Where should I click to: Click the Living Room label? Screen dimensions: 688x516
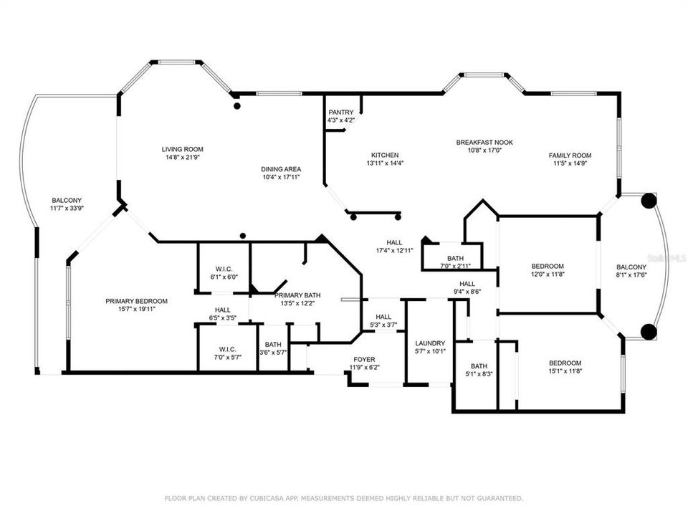coord(183,149)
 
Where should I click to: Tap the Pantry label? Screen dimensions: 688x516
coord(341,113)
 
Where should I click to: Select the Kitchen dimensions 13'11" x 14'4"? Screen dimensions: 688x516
coord(385,163)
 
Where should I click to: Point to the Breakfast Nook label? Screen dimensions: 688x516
coord(484,142)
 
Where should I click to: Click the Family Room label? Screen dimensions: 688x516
coord(570,156)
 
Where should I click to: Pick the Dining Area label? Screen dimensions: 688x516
coord(281,169)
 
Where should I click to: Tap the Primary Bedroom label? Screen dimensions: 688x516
coord(136,301)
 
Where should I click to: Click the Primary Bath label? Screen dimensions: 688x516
coord(297,295)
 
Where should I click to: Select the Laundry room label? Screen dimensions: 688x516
coord(430,343)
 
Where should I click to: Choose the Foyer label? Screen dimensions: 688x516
coord(364,359)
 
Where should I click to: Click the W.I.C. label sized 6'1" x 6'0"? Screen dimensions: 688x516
coord(224,269)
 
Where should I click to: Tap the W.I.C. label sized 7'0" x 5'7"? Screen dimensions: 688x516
coord(227,349)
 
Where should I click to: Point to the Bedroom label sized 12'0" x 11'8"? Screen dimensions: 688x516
coord(548,267)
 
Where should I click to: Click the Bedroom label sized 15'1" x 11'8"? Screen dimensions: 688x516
coord(565,363)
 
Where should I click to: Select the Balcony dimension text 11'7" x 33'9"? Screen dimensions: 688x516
coord(67,209)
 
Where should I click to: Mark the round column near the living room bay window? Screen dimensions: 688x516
coord(237,106)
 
